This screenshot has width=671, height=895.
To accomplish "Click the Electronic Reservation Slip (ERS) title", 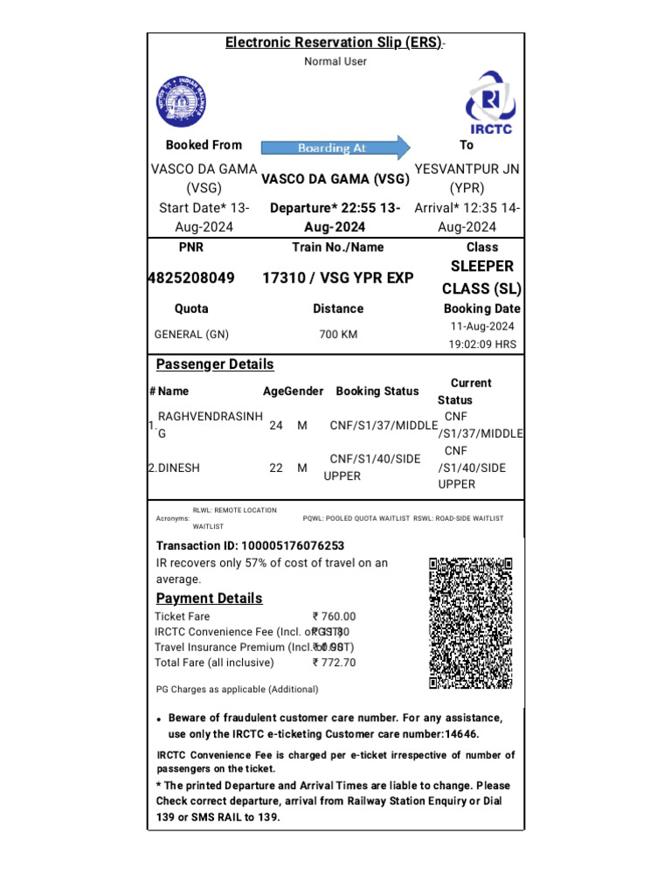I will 335,42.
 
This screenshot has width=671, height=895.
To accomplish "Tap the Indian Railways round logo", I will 183,102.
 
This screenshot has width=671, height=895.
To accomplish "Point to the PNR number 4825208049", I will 191,278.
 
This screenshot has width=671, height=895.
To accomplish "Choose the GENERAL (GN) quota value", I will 190,334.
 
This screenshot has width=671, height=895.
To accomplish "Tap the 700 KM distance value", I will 337,334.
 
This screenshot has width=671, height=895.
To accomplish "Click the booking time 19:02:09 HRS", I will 482,343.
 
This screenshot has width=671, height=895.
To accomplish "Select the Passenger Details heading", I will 214,364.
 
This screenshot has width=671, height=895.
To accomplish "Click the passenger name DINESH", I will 177,468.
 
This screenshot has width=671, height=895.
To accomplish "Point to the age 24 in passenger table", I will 276,425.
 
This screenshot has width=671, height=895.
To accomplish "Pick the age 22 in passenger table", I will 276,468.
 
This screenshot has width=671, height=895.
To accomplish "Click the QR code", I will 470,622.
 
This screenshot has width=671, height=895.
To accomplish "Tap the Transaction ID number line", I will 244,545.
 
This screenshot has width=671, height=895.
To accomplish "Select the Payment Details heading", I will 209,598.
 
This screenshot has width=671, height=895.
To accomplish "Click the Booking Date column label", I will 482,309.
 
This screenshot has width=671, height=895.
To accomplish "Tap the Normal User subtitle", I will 335,61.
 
